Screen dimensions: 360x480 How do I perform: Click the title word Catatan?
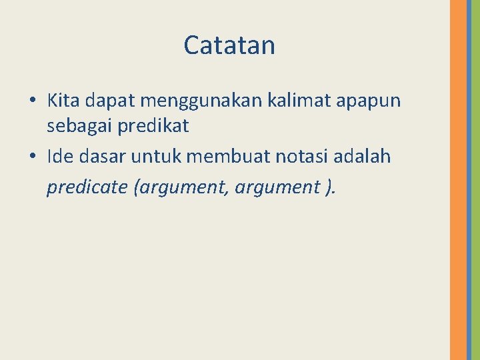pos(229,45)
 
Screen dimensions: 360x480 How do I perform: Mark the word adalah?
pos(367,157)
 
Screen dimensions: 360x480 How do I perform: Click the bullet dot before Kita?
pos(32,101)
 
